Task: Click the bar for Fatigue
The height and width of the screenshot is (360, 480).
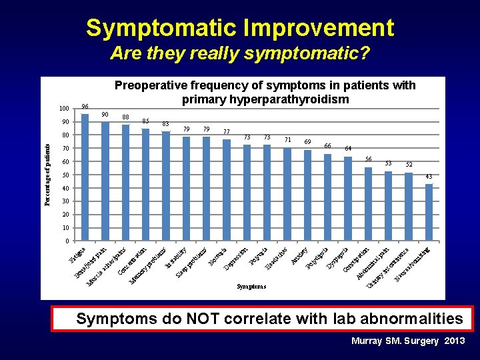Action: [85, 177]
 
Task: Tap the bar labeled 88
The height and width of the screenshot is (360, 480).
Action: [125, 183]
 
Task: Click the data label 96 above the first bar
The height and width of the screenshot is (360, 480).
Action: [85, 107]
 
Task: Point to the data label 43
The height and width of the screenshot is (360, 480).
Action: [429, 177]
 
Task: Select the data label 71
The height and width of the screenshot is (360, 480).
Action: [287, 139]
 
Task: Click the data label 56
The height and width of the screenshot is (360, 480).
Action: [368, 159]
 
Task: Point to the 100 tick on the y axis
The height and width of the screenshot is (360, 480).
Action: [64, 109]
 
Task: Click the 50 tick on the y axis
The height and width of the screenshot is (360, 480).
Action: [65, 175]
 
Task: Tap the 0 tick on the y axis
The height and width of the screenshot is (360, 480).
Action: [67, 241]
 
